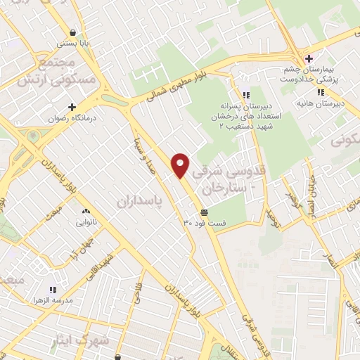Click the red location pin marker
[x=181, y=165]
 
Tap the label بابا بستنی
[x=75, y=44]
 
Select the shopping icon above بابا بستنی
[x=75, y=32]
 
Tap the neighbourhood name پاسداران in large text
[x=137, y=201]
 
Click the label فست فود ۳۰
[x=205, y=223]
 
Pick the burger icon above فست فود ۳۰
[x=204, y=212]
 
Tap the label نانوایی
[x=86, y=223]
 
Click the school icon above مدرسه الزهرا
[x=51, y=289]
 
